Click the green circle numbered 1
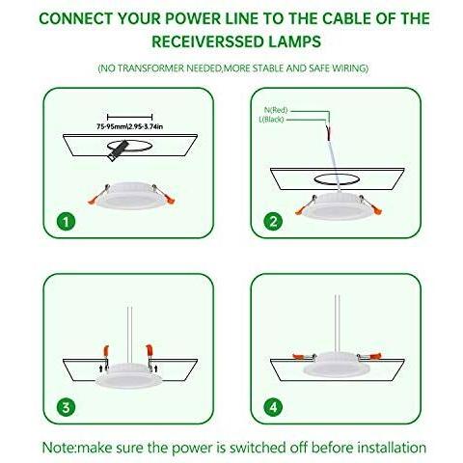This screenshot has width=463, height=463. coord(66,222)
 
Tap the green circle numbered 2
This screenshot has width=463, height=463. coord(273,222)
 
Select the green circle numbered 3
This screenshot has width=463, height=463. coord(66,407)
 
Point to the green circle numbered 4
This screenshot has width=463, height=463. coord(273,407)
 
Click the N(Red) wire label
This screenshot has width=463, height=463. coord(276,110)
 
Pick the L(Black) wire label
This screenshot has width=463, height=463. coord(271,120)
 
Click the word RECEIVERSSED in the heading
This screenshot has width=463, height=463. coord(207,41)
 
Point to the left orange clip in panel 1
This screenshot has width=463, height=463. coord(94,200)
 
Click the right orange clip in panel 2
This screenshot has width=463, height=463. coord(377,209)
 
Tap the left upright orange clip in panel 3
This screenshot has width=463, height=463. coord(105,351)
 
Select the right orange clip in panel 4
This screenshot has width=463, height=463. coord(374,356)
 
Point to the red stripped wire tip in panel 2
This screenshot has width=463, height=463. coord(328,133)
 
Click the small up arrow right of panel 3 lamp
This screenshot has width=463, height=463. coord(156,368)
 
